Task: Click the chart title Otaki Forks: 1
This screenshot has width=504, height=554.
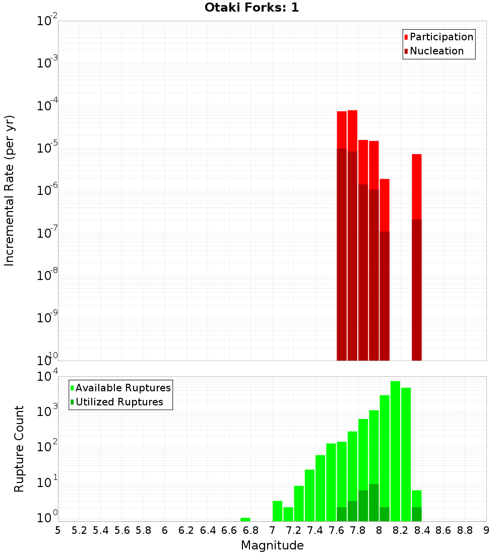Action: pyautogui.click(x=251, y=8)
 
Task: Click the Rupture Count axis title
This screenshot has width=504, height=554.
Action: pyautogui.click(x=19, y=449)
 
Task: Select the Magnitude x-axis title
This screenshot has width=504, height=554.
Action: pyautogui.click(x=272, y=545)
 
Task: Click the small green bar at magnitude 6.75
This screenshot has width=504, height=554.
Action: pyautogui.click(x=245, y=519)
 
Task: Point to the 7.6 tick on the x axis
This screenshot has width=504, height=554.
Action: pyautogui.click(x=336, y=530)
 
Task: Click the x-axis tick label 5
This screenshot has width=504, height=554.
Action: pyautogui.click(x=58, y=530)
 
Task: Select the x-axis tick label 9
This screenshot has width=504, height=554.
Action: pyautogui.click(x=486, y=530)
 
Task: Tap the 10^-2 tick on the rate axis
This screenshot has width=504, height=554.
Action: pyautogui.click(x=47, y=21)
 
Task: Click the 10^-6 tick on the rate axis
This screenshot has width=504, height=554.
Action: pyautogui.click(x=47, y=191)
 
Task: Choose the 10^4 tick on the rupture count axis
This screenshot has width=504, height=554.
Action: pyautogui.click(x=47, y=377)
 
